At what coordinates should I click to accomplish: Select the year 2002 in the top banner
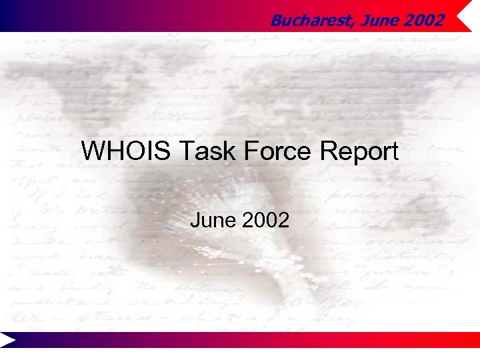[422, 21]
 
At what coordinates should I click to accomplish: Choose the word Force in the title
[271, 152]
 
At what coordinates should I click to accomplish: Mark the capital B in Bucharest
[275, 21]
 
